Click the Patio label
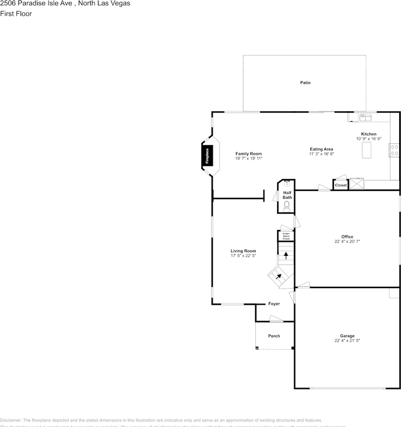[x=305, y=83]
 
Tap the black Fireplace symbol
[x=207, y=156]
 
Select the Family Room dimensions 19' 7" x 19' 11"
[x=249, y=158]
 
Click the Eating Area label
[x=321, y=149]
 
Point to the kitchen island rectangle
[x=366, y=152]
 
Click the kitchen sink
[x=365, y=117]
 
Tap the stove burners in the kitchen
[x=393, y=150]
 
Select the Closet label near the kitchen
[x=341, y=185]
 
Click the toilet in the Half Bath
[x=287, y=206]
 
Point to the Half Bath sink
[x=287, y=183]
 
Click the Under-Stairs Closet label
[x=286, y=236]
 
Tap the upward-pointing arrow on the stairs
[x=286, y=255]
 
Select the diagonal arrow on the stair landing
[x=279, y=276]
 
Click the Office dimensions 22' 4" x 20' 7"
[x=347, y=242]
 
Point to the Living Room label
[x=243, y=251]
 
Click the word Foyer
[x=274, y=304]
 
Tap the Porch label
[x=274, y=336]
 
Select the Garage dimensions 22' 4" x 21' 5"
[x=347, y=341]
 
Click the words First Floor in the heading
[x=16, y=14]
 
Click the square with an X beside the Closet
[x=357, y=184]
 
